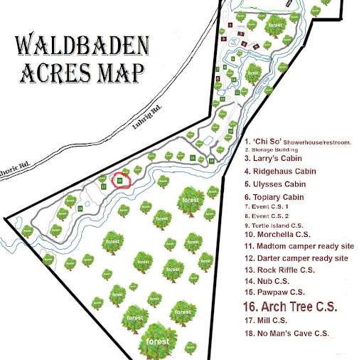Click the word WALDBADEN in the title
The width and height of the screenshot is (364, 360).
[x=83, y=48]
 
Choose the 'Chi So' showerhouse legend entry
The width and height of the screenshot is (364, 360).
[x=297, y=142]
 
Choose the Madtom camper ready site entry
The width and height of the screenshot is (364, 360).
[x=299, y=245]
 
